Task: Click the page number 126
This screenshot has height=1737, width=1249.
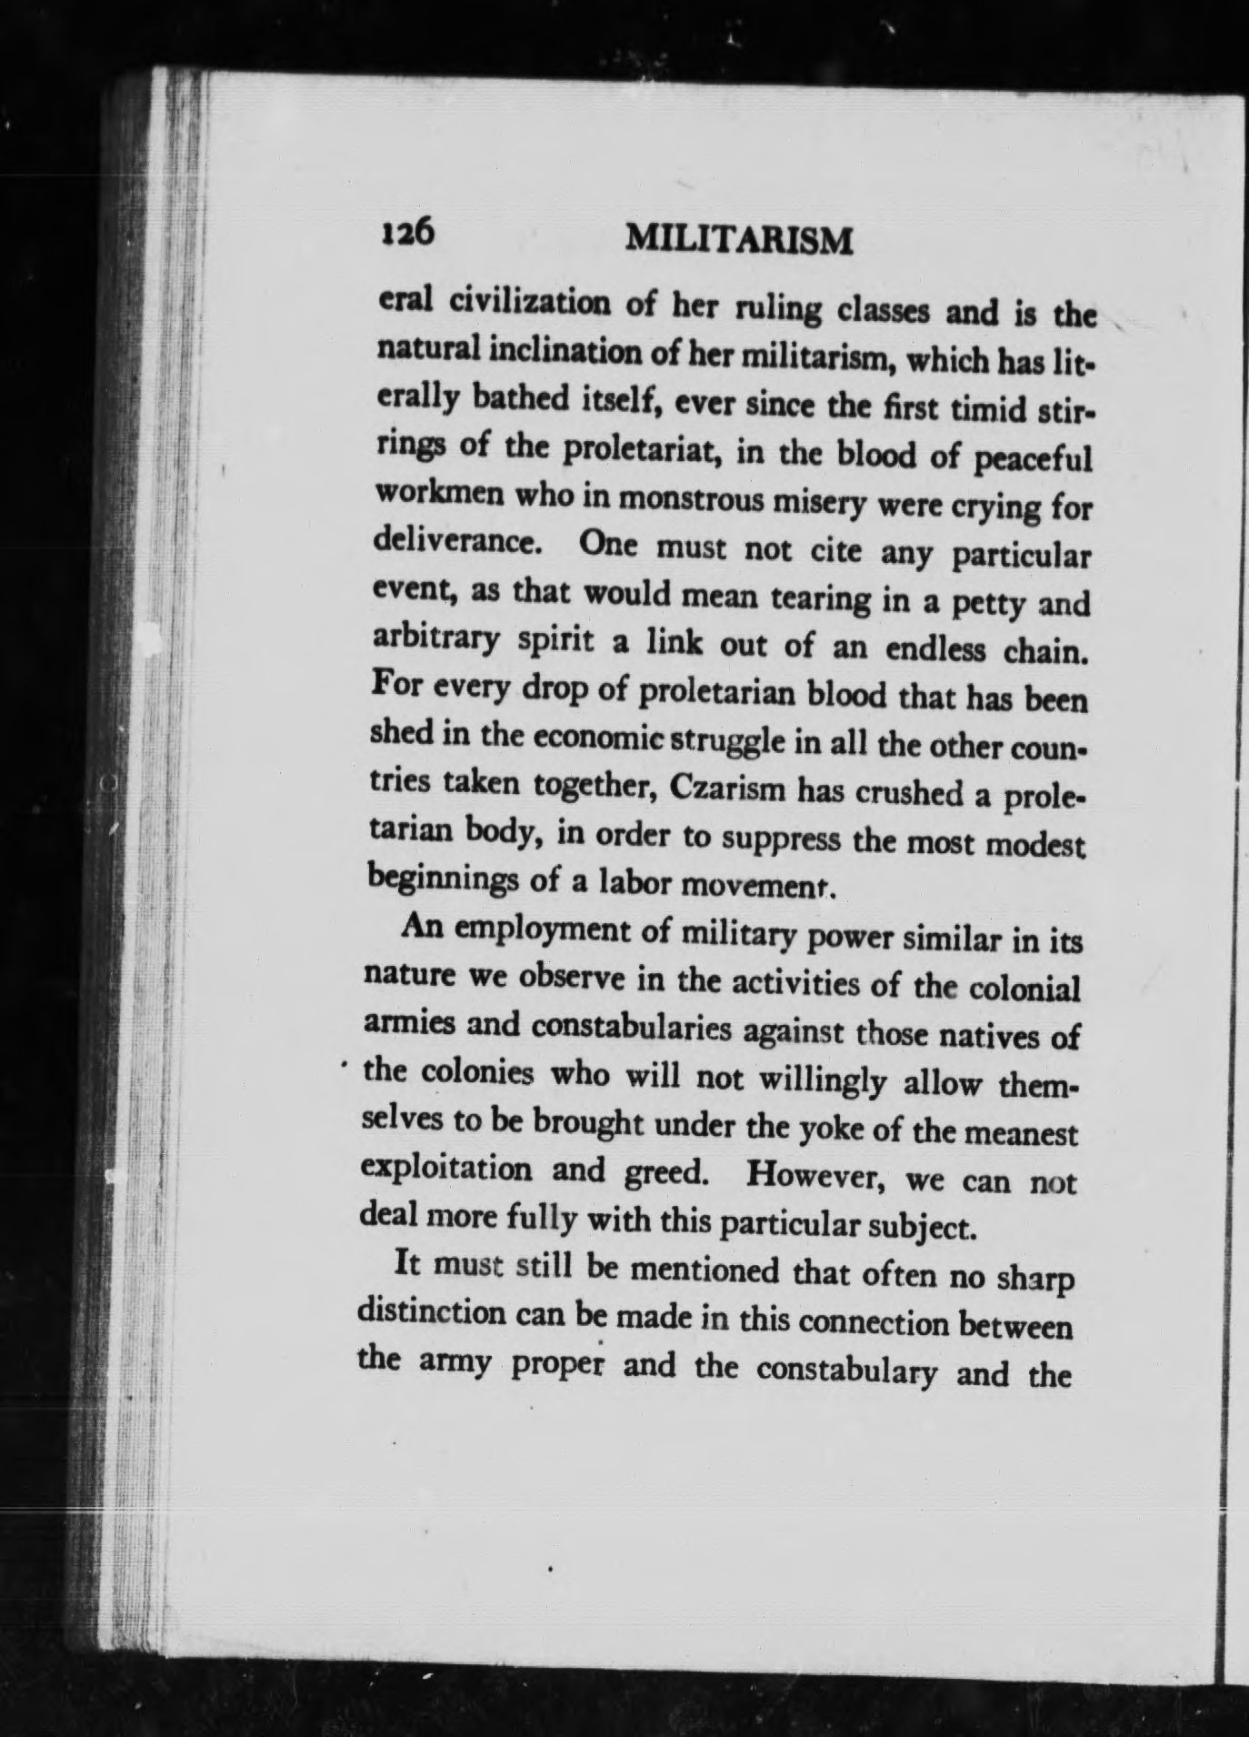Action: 407,234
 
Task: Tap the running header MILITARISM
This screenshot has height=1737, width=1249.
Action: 740,241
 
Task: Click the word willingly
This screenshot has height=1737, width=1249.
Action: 823,1082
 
